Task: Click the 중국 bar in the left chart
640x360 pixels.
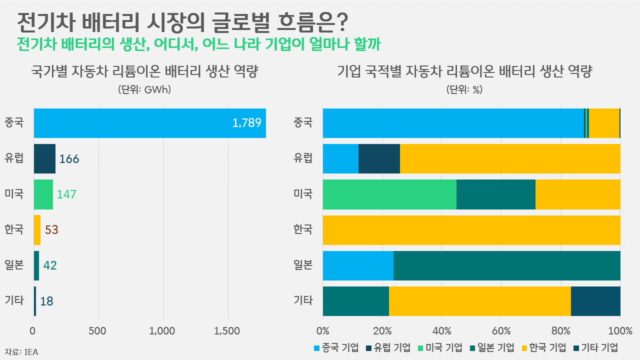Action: tap(149, 123)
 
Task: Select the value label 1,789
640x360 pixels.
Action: tap(247, 123)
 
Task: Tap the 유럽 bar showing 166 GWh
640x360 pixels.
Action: tap(44, 158)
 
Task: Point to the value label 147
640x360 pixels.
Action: tap(66, 194)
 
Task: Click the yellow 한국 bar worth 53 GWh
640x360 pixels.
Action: tap(37, 230)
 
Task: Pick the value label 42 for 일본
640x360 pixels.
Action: tap(50, 265)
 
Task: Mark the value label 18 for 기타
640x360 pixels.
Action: tap(46, 301)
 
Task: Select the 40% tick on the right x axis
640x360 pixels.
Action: tap(441, 330)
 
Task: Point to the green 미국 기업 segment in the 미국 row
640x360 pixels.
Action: tap(389, 194)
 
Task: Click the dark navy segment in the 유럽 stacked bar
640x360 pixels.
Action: tap(379, 158)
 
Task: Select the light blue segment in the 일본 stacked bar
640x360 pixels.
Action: tap(358, 265)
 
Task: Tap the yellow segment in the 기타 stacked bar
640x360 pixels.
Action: tap(479, 301)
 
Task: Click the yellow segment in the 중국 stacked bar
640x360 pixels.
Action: tap(604, 123)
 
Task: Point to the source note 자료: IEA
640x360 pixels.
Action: tap(21, 352)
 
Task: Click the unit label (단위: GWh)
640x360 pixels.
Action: tap(144, 90)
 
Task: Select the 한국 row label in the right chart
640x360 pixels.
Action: tap(303, 230)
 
